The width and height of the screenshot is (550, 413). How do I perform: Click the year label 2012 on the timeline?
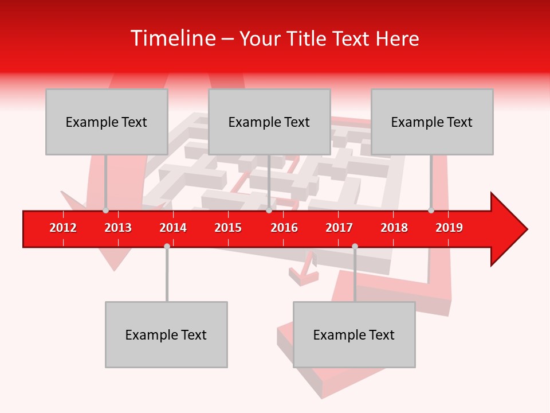point(63,228)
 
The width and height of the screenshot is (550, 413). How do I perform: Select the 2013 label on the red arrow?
point(118,228)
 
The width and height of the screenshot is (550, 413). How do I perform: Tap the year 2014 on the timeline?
point(173,228)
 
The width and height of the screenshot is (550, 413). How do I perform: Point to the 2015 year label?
point(228,228)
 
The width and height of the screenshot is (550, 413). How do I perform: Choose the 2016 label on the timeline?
point(284,228)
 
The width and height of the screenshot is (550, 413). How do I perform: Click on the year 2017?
point(339,228)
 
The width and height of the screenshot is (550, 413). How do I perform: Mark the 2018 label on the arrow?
point(394,228)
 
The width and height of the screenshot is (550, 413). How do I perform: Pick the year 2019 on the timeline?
point(449,228)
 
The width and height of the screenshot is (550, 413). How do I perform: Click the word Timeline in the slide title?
point(172,38)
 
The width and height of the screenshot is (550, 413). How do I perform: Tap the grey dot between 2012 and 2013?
point(105,211)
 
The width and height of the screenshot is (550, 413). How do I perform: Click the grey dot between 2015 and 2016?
point(269,211)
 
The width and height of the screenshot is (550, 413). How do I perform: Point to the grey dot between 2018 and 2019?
point(431,211)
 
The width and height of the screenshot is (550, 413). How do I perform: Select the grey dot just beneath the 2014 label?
point(167,246)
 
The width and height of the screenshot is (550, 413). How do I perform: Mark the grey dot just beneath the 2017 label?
point(355,246)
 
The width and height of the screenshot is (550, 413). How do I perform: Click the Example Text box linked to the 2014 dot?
point(166,334)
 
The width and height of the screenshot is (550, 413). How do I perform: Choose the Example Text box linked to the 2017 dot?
point(354,334)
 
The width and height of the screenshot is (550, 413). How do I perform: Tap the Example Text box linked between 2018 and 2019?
point(432,122)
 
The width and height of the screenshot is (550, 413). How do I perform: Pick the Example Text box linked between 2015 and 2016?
point(269,122)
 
